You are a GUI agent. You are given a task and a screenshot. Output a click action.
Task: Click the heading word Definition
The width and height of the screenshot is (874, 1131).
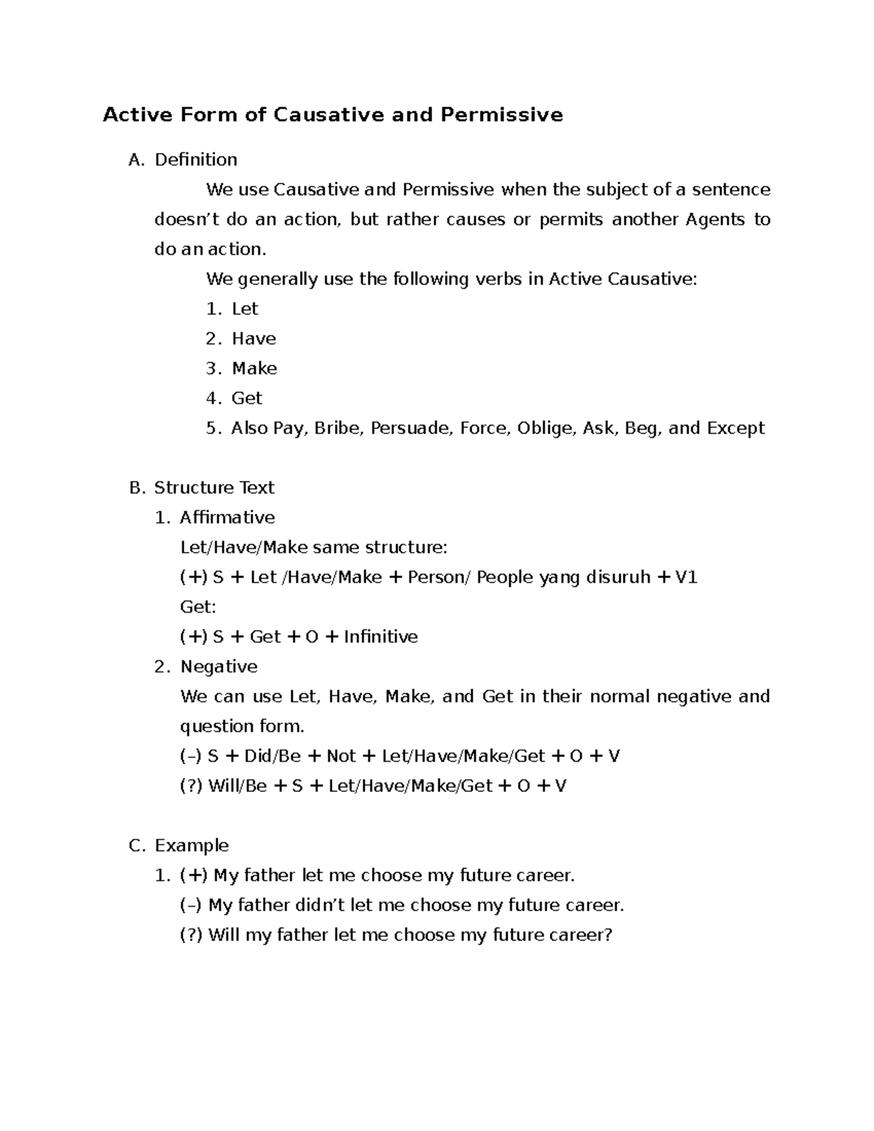point(196,159)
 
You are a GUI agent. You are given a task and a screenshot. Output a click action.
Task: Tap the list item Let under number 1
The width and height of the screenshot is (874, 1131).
point(245,309)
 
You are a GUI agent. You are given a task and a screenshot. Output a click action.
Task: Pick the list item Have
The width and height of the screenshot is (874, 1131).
point(253,339)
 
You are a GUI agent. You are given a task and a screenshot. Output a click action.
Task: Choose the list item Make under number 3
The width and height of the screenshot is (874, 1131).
point(254,369)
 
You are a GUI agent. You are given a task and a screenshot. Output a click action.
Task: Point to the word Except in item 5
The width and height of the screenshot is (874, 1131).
point(736,428)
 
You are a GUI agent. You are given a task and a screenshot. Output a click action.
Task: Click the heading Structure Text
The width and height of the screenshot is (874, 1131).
point(214,488)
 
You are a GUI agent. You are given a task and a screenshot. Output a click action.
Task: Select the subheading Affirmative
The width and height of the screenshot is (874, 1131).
point(227,518)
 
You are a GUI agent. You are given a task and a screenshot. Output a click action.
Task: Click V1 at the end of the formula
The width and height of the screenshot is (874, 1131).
point(687,578)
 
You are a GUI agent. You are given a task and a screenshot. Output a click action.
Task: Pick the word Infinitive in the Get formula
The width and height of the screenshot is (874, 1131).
point(380,637)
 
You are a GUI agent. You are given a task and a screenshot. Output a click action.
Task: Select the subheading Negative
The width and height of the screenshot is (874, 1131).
point(219,667)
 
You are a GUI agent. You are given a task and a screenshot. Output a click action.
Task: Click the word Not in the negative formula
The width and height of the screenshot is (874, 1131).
point(341,757)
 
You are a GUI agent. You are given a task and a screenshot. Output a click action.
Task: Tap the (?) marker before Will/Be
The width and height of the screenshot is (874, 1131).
point(192,787)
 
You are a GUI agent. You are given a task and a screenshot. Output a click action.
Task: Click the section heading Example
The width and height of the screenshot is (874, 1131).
point(192,846)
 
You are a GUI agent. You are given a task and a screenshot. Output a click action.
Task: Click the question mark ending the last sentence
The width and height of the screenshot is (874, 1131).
point(608,935)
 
